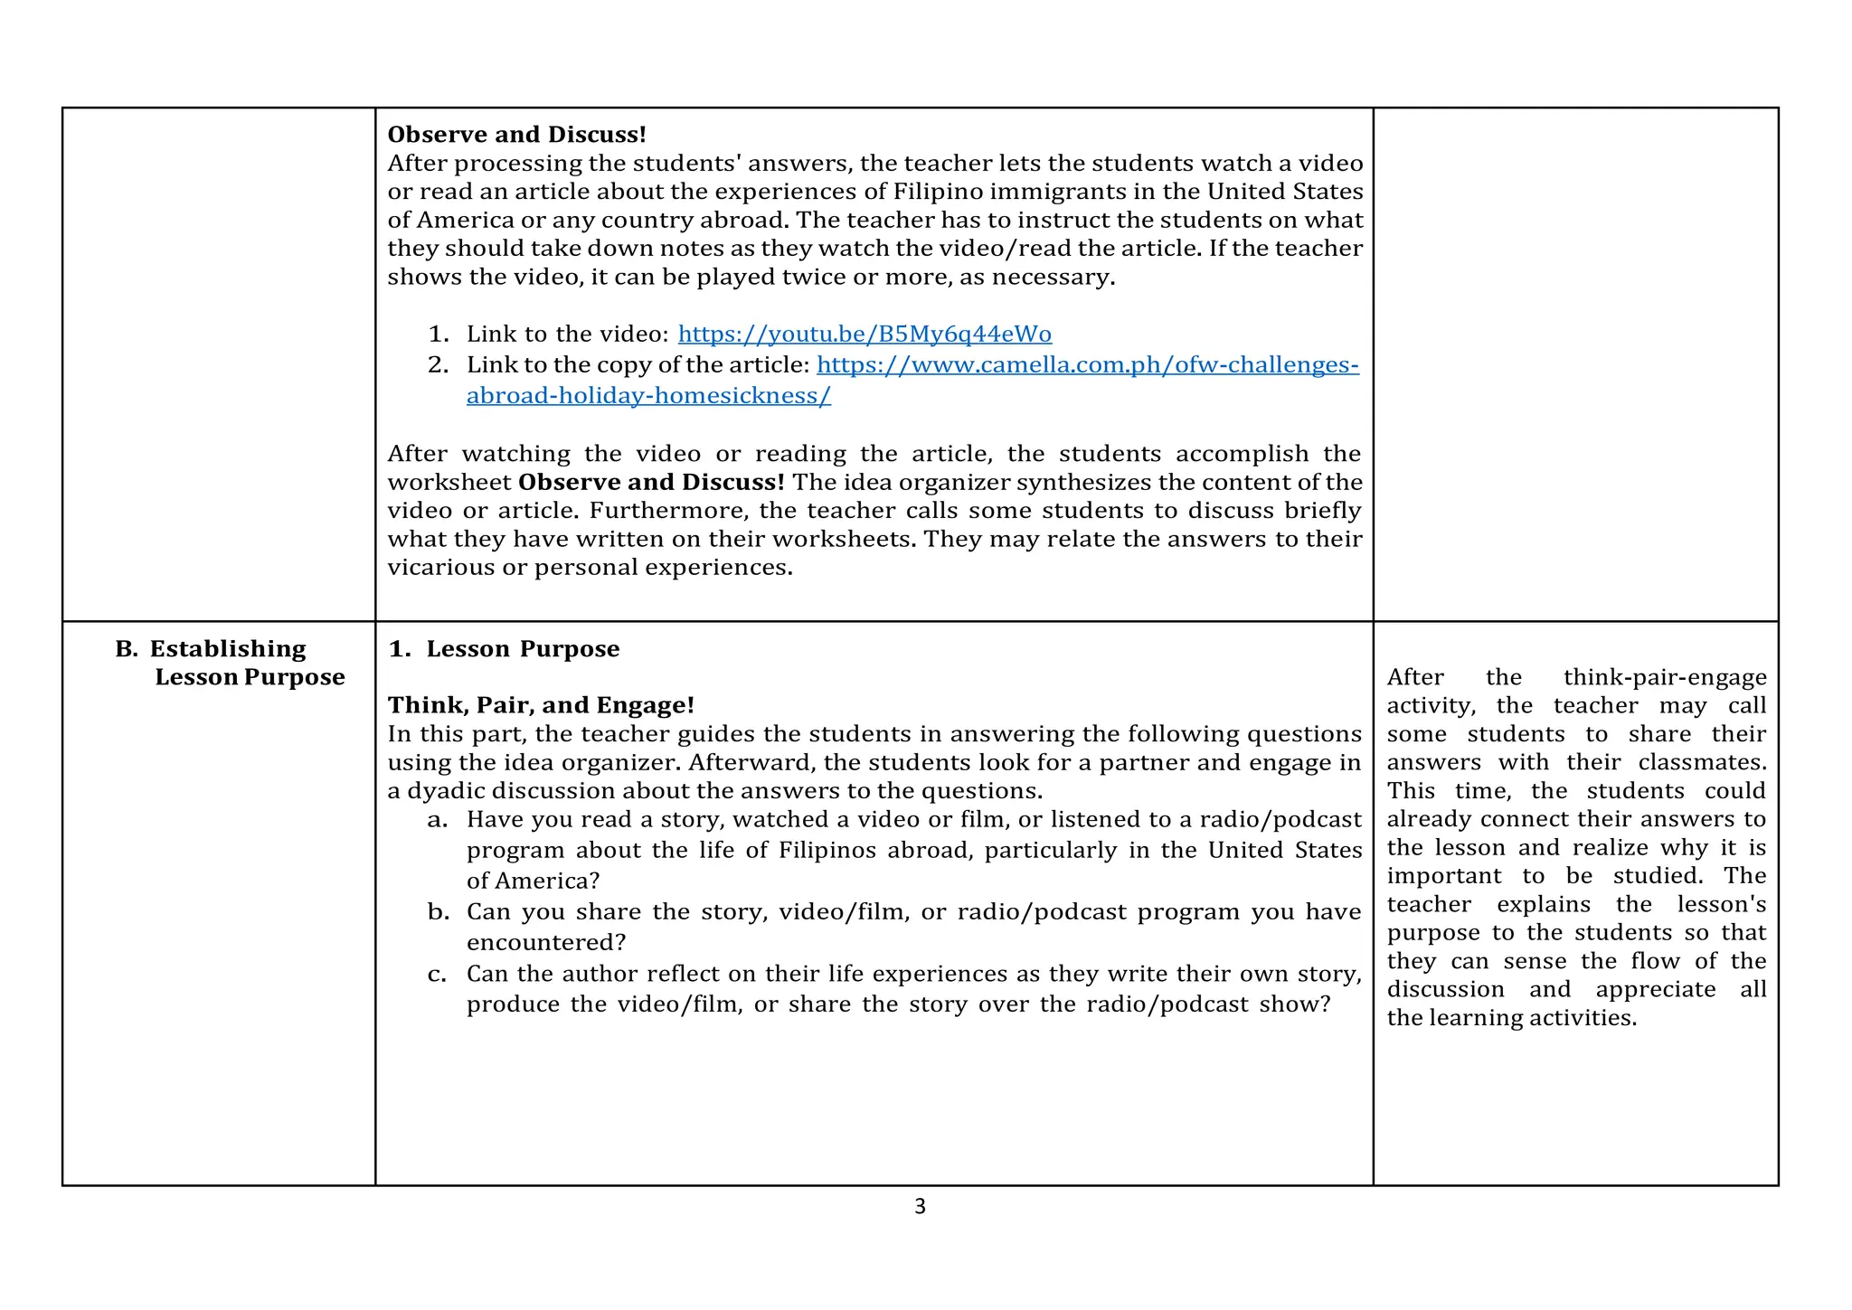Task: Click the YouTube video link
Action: (865, 335)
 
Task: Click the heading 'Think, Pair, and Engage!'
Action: (541, 705)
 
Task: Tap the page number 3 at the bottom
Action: (920, 1206)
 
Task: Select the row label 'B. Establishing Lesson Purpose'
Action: (230, 663)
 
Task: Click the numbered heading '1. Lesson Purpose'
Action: (504, 649)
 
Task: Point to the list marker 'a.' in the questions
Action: (438, 820)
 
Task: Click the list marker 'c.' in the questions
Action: (438, 975)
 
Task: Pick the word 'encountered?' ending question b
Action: (546, 943)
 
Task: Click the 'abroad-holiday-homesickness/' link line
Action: (648, 396)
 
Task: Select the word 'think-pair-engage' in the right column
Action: (1664, 677)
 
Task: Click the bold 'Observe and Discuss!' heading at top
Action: (516, 135)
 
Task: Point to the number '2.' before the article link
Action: (438, 365)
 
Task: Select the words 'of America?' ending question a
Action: (533, 881)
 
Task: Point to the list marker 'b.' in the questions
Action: (438, 912)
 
